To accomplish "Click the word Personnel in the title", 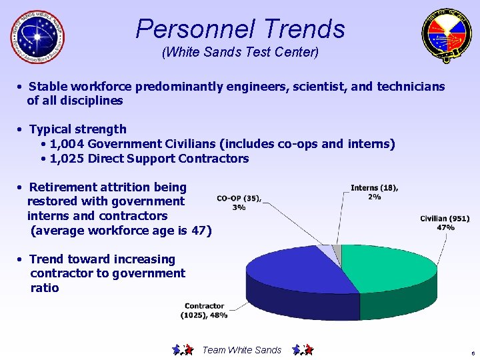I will [x=195, y=29].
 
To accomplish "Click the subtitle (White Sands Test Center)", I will [x=240, y=51].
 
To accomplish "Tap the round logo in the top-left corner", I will [x=38, y=37].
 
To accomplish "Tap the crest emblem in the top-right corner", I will [x=446, y=37].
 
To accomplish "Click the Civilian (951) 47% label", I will [x=445, y=223].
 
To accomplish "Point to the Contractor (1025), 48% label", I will [x=205, y=311].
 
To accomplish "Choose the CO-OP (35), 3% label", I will [x=239, y=203].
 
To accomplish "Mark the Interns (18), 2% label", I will [x=374, y=192].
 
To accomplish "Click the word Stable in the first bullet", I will [x=48, y=87].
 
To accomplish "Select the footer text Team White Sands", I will [x=241, y=350].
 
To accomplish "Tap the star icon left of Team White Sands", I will [x=183, y=349].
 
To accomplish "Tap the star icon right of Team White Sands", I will [x=303, y=349].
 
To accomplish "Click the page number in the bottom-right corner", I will [x=472, y=353].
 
